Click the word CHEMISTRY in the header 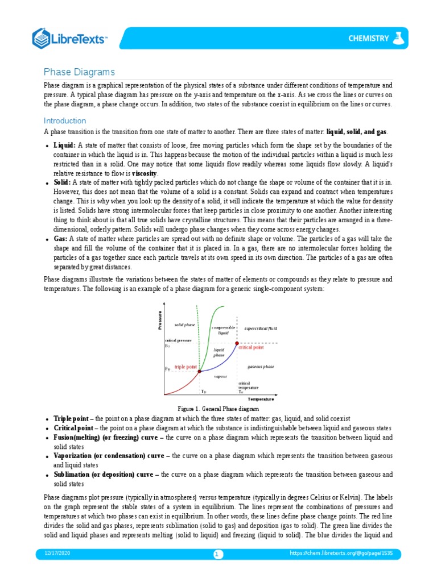(369, 39)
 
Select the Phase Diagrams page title (80, 72)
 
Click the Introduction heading (65, 120)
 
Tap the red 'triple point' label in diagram (184, 367)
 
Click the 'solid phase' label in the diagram (184, 325)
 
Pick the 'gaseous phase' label (261, 367)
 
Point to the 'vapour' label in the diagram (220, 376)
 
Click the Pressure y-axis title (161, 320)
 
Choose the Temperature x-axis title (261, 399)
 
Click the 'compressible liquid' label (220, 330)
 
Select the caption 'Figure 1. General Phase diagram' (218, 409)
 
